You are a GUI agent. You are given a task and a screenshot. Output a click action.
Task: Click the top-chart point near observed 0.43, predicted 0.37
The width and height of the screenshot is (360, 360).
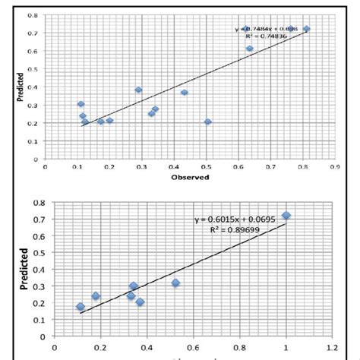[x=185, y=93]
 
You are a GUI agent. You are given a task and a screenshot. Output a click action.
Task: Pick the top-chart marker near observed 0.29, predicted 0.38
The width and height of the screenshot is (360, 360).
[x=138, y=90]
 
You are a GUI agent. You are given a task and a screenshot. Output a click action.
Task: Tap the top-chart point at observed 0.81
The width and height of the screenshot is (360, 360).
[x=306, y=29]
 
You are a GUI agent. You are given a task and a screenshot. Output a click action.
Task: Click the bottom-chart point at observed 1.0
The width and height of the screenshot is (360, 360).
[x=286, y=216]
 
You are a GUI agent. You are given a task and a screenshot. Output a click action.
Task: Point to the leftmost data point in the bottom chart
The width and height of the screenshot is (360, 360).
[x=81, y=307]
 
